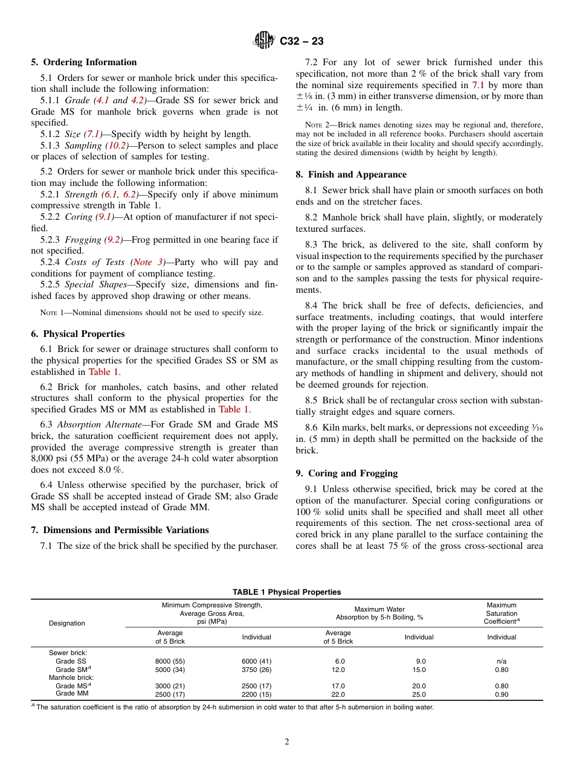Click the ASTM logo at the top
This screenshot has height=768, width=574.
coord(263,41)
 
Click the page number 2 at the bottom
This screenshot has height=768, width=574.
coord(287,742)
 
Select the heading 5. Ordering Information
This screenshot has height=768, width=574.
coord(83,62)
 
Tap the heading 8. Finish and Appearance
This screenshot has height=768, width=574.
coord(351,174)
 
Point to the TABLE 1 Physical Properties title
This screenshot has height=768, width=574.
coord(286,592)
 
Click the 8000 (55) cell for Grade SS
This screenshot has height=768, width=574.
coord(170,661)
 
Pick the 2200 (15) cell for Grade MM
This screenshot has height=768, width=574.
coord(256,694)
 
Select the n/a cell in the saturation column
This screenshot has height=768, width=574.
coord(501,661)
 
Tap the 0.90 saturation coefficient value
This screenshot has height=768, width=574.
coord(501,694)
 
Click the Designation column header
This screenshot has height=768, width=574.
coord(67,623)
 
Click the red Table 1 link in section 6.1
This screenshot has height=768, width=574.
coord(104,372)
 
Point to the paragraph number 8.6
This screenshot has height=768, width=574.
coord(312,428)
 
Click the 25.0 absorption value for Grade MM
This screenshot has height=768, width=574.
coord(419,694)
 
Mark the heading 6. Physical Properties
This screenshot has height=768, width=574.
coord(77,334)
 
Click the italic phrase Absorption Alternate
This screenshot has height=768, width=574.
coord(92,424)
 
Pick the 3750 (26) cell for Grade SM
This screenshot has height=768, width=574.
coord(256,670)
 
